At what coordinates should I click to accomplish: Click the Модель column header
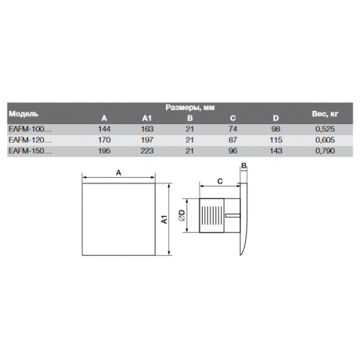click(x=24, y=114)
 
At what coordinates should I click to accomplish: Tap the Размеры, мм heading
click(x=190, y=107)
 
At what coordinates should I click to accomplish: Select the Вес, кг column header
click(x=325, y=114)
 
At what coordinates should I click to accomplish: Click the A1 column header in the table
click(x=147, y=118)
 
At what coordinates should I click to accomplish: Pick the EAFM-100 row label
click(x=30, y=129)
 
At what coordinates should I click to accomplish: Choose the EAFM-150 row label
click(x=30, y=151)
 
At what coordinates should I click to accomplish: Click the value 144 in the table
click(x=104, y=129)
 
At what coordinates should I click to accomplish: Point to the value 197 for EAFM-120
click(x=147, y=140)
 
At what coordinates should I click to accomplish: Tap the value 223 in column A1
click(x=147, y=151)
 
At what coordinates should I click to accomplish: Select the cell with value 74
click(x=233, y=129)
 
